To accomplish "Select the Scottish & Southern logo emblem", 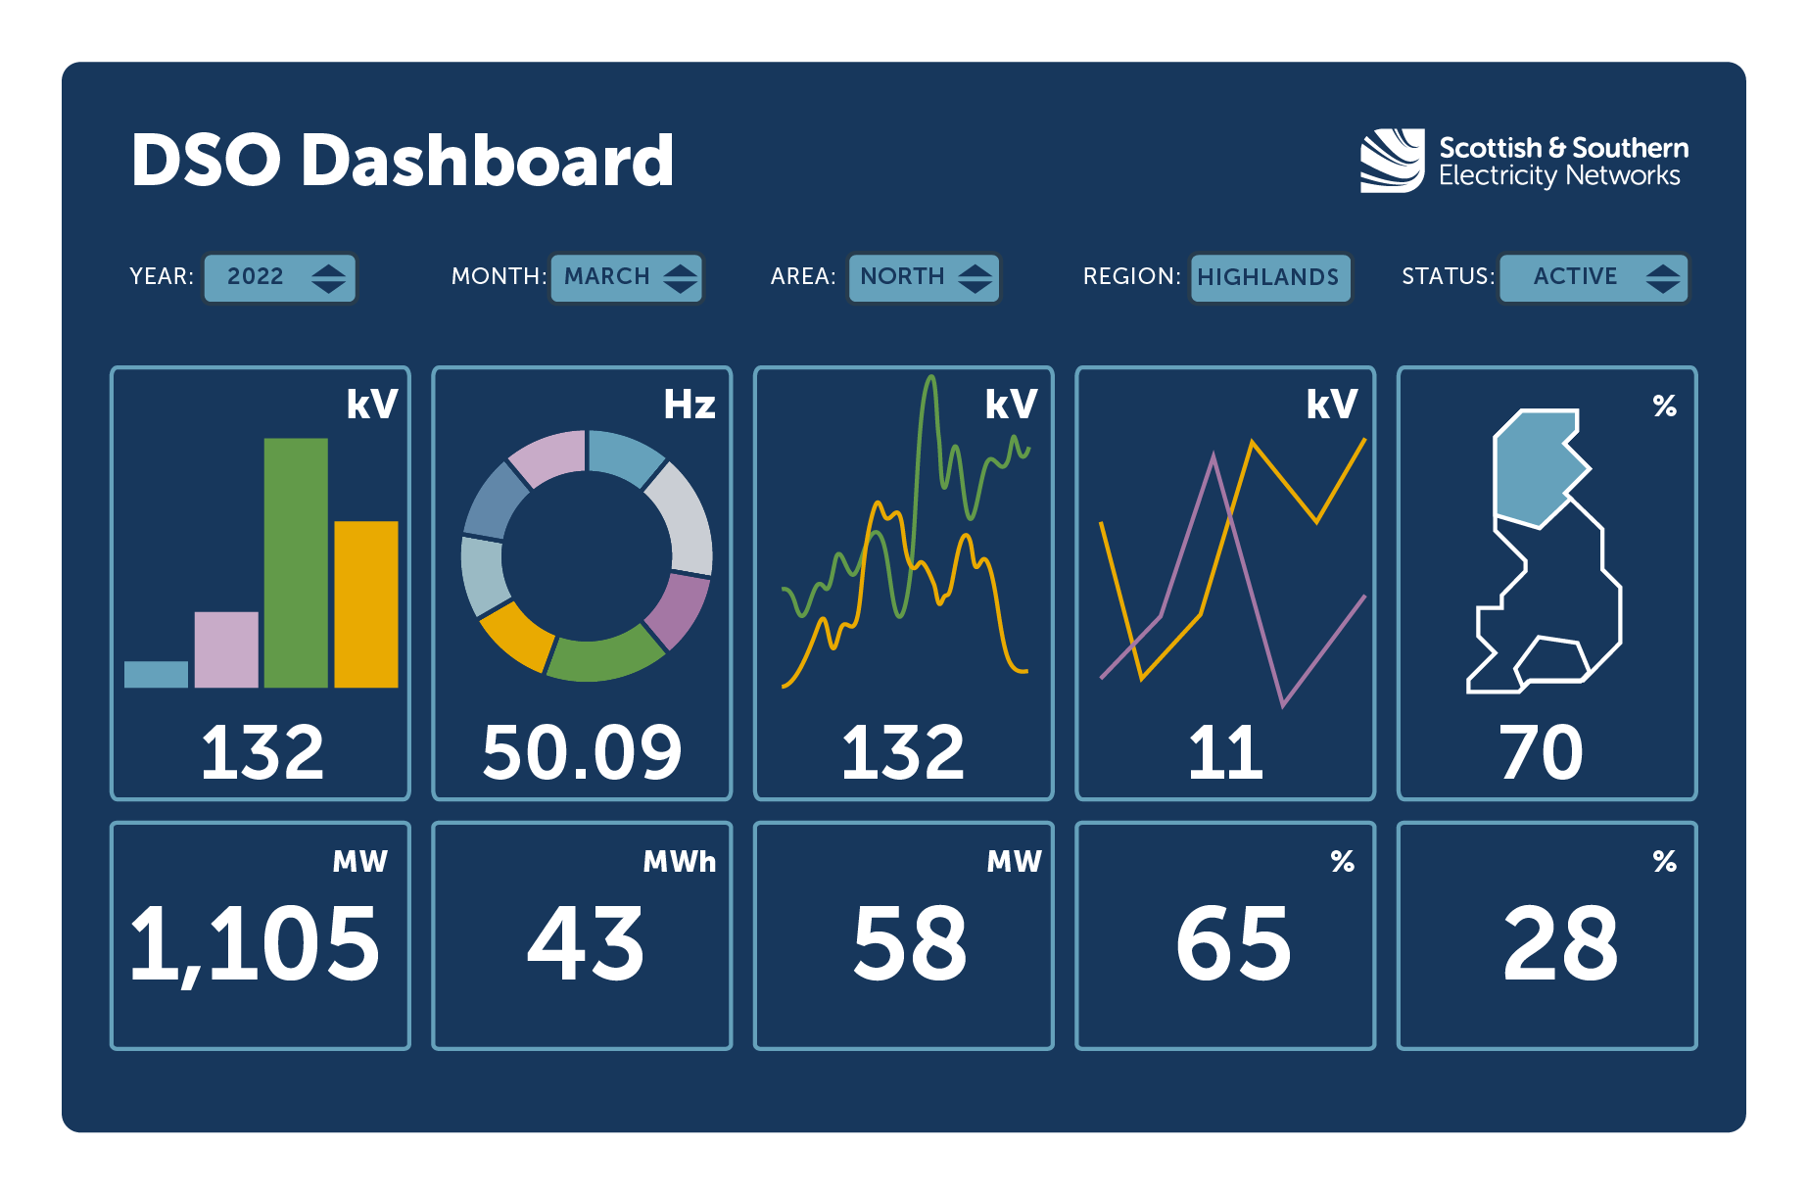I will (1391, 161).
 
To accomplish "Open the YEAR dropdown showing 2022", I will (280, 277).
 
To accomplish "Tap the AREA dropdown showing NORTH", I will (924, 277).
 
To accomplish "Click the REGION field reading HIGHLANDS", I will (1269, 277).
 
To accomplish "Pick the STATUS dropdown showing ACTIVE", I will (1594, 277).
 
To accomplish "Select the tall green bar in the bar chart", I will (296, 563).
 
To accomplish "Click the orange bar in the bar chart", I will (366, 604).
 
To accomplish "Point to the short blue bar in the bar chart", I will (156, 674).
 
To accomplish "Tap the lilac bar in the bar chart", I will (226, 649).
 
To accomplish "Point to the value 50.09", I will (582, 752).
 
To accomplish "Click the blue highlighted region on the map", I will (1535, 468).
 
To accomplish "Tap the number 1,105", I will (255, 942).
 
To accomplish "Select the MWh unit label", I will (679, 861).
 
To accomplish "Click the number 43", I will (586, 942).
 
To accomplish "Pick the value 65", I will (1233, 942).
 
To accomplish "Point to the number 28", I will (1560, 942).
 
